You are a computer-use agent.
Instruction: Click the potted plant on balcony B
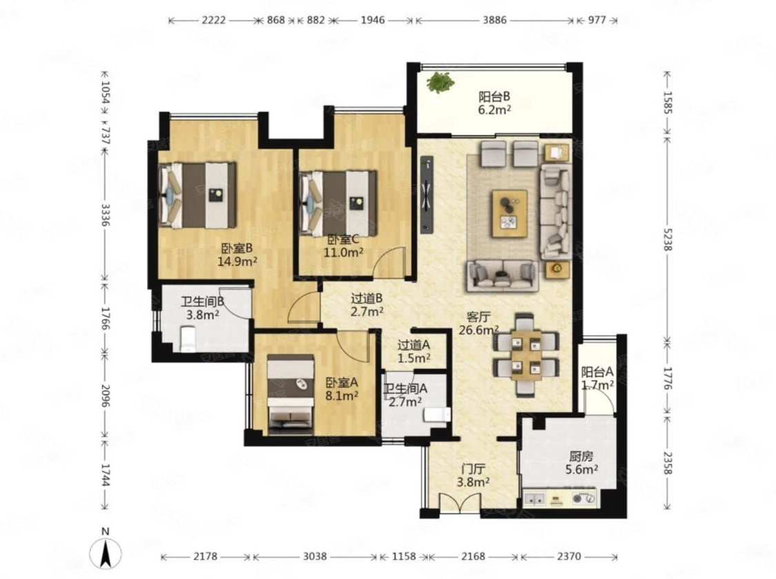point(441,82)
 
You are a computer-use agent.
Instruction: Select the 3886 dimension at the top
point(495,20)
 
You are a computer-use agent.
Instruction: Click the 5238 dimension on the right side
point(668,237)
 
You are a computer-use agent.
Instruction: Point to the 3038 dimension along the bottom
point(315,557)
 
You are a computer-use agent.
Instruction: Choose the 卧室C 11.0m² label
point(343,246)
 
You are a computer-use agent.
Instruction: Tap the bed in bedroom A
point(290,391)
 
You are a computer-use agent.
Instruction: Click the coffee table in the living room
point(509,213)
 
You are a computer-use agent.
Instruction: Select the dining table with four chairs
point(526,355)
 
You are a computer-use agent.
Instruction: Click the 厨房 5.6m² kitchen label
point(581,462)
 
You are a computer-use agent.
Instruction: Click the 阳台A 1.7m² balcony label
point(597,377)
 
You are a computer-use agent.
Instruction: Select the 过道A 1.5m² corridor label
point(414,351)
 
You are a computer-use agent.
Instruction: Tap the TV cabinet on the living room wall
point(426,195)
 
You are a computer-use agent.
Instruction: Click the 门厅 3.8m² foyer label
point(474,475)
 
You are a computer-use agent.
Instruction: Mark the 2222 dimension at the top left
point(214,20)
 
